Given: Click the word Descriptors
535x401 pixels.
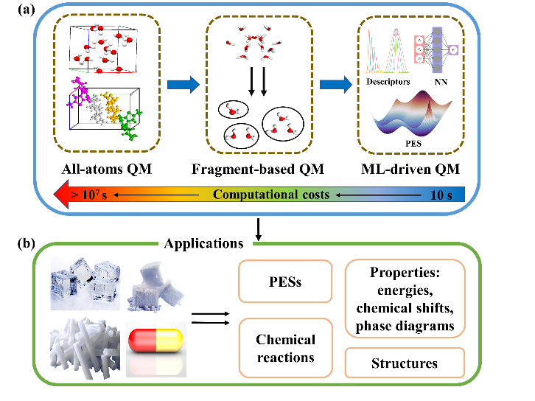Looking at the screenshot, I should [x=388, y=82].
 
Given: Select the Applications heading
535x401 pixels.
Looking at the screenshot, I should [x=204, y=243].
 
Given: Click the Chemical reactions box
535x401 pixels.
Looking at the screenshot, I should [x=285, y=349].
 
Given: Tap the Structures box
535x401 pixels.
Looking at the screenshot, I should [x=405, y=363].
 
